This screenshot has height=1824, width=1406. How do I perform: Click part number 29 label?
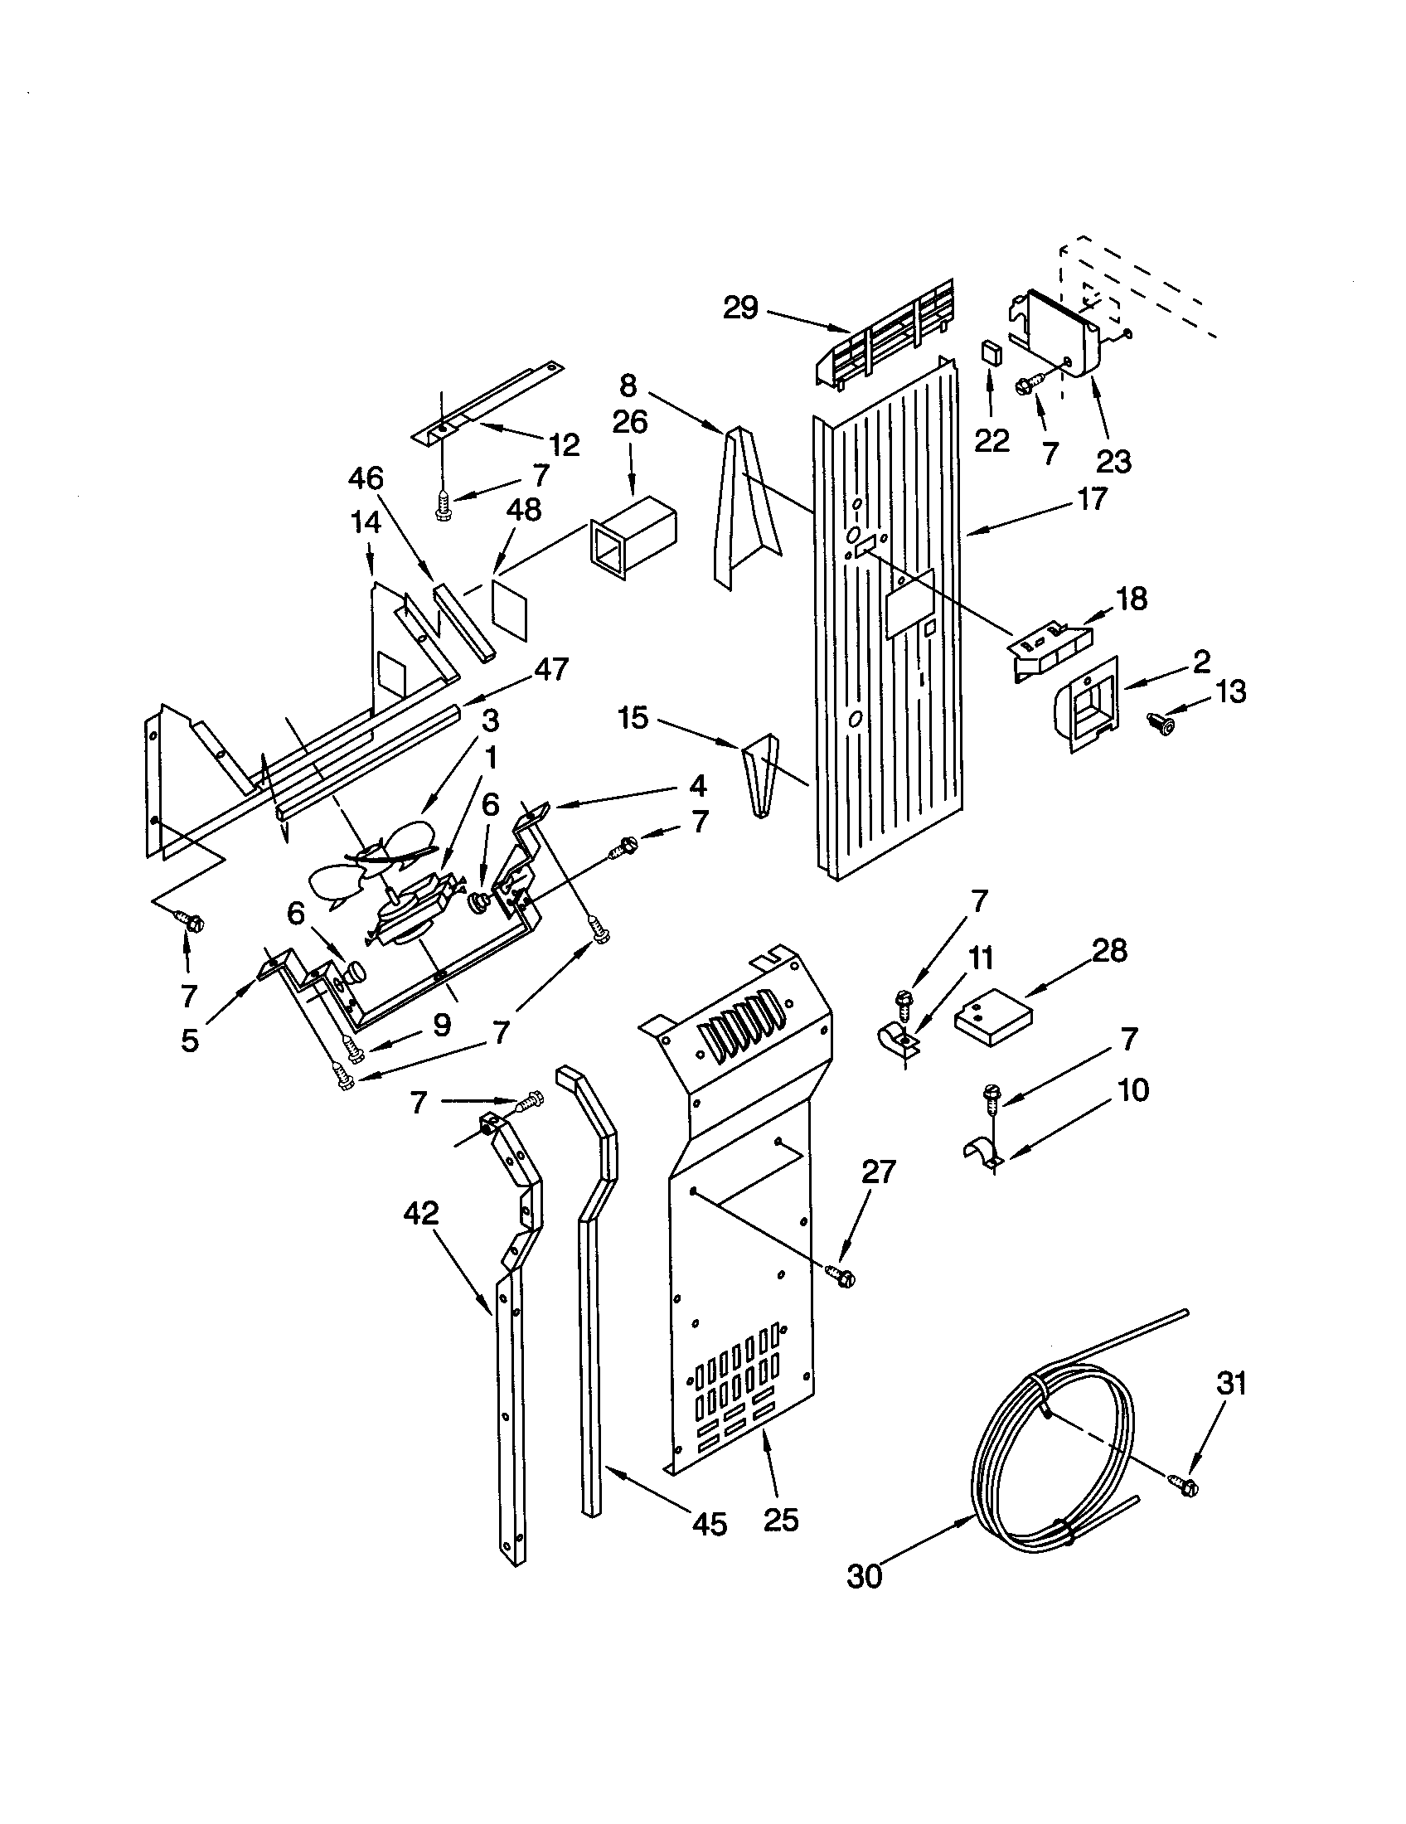click(x=739, y=308)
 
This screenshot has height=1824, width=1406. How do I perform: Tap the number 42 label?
click(x=421, y=1213)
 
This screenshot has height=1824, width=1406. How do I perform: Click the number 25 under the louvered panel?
click(x=781, y=1519)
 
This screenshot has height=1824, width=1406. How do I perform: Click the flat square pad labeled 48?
click(x=511, y=609)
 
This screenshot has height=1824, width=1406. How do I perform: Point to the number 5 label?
click(x=191, y=1041)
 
